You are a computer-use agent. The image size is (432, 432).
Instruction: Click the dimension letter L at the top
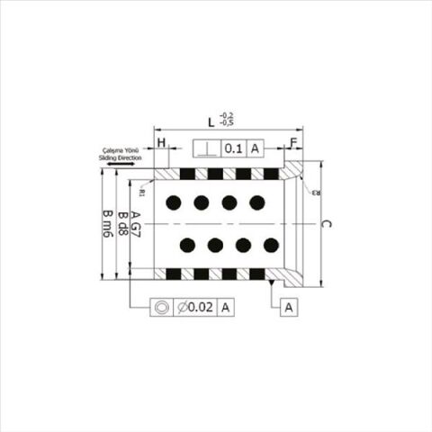point(211,120)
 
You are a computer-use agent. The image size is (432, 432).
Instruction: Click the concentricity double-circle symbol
point(162,307)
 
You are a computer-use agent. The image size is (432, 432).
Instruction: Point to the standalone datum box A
point(289,307)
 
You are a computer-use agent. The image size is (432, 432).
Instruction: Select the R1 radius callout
point(143,192)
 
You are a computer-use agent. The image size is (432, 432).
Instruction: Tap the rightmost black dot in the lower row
point(271,244)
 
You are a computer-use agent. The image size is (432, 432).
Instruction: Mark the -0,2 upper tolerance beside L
point(227,114)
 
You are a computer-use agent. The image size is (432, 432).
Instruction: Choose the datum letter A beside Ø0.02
point(225,307)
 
